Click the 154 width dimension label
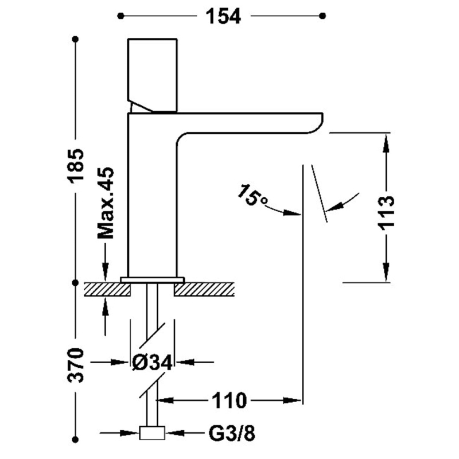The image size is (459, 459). click(x=223, y=16)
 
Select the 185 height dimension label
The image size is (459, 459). click(x=76, y=166)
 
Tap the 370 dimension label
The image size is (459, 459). click(x=76, y=365)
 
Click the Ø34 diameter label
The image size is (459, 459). click(x=152, y=363)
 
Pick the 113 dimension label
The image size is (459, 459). click(x=386, y=213)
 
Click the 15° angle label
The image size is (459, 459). click(x=252, y=196)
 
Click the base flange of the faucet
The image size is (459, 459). click(x=152, y=279)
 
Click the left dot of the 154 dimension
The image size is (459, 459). click(x=122, y=16)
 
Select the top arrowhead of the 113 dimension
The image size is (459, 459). click(x=386, y=140)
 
